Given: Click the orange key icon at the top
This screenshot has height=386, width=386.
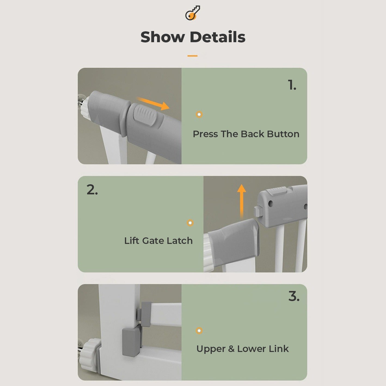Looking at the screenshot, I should (x=192, y=13).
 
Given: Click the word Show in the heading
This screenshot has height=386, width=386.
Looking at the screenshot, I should (x=162, y=37).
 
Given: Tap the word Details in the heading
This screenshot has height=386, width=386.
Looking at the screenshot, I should (x=217, y=37).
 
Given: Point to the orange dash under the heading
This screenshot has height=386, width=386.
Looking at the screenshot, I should (x=192, y=56).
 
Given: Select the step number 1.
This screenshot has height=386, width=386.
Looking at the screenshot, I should (x=292, y=85).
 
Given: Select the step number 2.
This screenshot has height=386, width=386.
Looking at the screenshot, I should (x=92, y=190).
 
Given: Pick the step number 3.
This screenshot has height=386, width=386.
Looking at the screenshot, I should (x=294, y=296).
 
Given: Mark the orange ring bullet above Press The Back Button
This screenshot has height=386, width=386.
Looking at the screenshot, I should (x=199, y=114).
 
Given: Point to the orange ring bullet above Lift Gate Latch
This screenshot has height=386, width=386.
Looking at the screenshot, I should (x=190, y=223).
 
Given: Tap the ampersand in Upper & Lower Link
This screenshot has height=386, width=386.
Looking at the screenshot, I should (x=231, y=349).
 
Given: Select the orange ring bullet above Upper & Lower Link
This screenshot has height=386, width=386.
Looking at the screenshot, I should (x=199, y=331).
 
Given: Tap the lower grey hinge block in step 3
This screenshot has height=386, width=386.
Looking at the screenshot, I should (x=131, y=342).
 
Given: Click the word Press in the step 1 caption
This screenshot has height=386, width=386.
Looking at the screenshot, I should (x=205, y=134).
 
